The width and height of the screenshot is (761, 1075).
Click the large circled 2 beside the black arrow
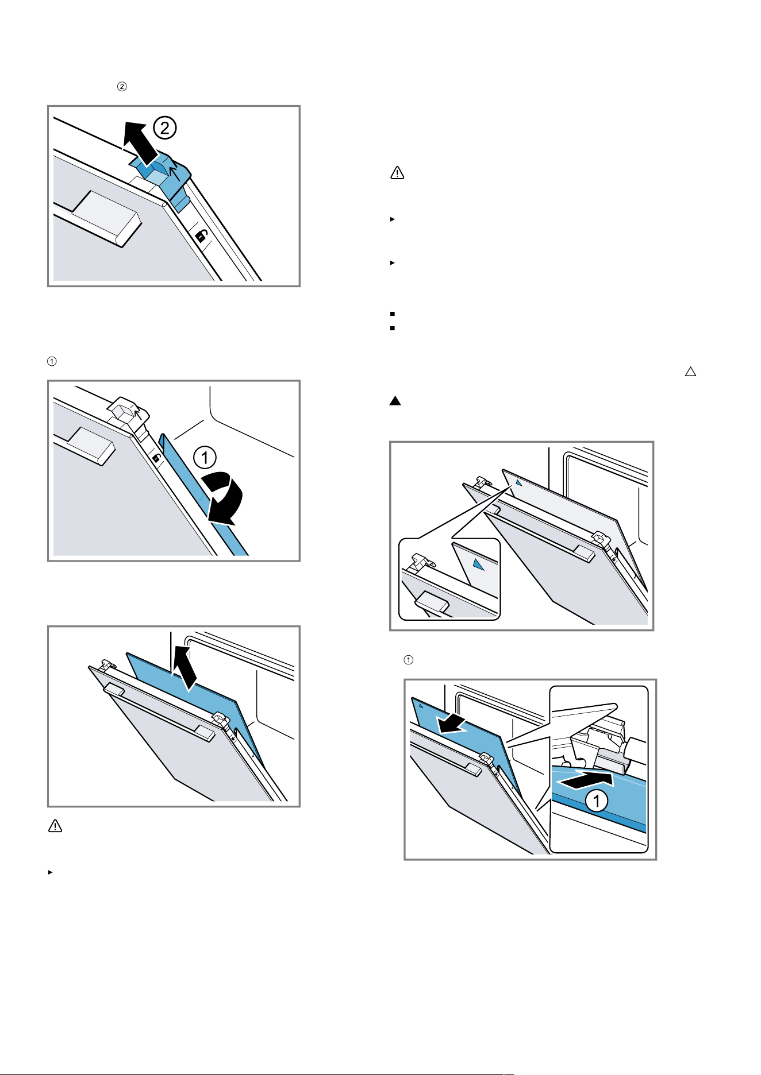click(165, 127)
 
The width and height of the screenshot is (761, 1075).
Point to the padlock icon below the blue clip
click(202, 235)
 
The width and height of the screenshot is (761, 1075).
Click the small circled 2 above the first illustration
click(122, 87)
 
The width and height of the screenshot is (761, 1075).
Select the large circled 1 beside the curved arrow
click(205, 458)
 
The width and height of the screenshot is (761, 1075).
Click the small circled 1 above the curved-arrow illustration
click(52, 361)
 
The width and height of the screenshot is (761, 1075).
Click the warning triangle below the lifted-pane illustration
click(55, 826)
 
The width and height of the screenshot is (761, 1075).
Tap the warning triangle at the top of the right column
click(397, 172)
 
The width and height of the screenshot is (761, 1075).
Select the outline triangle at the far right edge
click(690, 372)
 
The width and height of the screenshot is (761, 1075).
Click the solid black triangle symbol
click(395, 401)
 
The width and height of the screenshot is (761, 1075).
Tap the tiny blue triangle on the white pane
click(518, 483)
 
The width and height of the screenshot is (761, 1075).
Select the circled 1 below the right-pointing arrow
click(597, 801)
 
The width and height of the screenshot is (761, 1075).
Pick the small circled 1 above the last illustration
click(408, 660)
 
